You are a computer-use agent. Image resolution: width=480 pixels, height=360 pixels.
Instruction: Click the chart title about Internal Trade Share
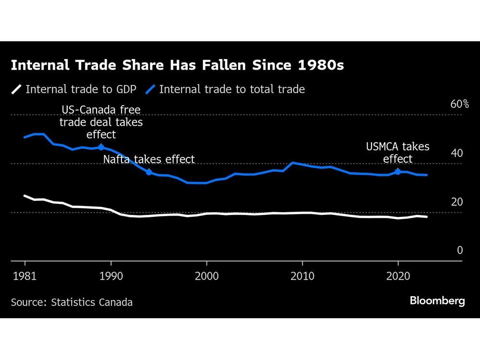coord(177,65)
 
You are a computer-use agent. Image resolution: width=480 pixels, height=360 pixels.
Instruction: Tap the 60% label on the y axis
coord(459,104)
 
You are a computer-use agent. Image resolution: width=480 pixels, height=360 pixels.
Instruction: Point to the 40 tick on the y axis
coord(457,153)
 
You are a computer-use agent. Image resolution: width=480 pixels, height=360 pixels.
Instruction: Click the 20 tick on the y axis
coord(457,202)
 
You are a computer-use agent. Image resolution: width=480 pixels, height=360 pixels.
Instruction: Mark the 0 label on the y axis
coord(460,250)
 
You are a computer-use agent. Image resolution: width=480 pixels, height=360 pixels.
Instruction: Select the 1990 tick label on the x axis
coord(111,276)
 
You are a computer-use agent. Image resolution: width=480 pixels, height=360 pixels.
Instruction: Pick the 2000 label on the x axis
coord(206,276)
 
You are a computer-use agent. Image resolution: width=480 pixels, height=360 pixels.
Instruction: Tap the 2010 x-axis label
coord(302,276)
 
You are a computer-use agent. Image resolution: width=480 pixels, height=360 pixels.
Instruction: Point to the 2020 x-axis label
coord(398,276)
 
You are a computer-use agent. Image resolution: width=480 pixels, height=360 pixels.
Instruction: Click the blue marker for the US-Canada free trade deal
coord(101,147)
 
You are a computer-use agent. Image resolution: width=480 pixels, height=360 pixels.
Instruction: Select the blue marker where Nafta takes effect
coord(149,172)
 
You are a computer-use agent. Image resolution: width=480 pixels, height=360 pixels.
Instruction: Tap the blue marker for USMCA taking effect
coord(397,171)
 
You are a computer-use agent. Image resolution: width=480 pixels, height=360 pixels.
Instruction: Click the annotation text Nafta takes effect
coord(149,159)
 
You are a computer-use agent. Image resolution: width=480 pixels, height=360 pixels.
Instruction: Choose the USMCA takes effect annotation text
coord(397,153)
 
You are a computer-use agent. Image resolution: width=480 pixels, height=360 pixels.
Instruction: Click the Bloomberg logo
coord(437,301)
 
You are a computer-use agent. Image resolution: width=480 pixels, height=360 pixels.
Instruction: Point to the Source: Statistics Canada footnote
coord(72,302)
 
